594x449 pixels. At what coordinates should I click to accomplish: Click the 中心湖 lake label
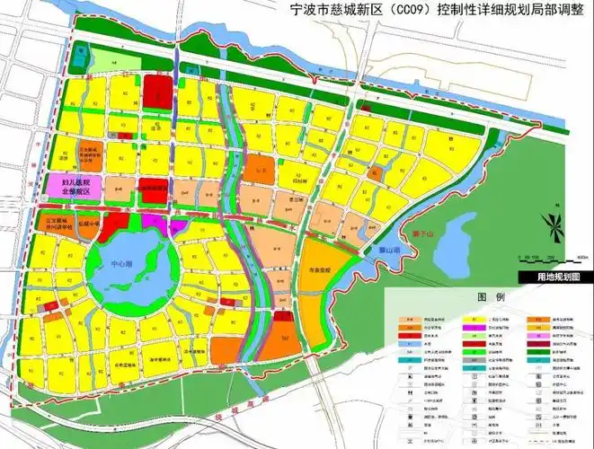[120, 266]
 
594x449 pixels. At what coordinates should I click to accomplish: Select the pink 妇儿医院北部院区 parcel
[75, 186]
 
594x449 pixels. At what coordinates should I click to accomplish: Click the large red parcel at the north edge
[157, 89]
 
